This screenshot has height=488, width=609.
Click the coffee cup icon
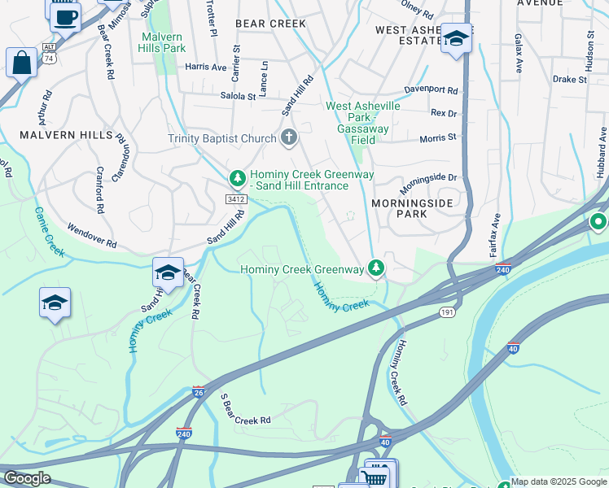[x=65, y=15]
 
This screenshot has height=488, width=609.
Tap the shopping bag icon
[x=21, y=62]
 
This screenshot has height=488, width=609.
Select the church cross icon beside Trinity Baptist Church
[x=289, y=138]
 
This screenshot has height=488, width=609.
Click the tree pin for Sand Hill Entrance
[x=237, y=176]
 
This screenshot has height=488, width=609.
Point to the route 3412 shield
[x=236, y=199]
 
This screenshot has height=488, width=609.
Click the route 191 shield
[x=447, y=312]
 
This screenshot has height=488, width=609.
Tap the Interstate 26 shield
[x=199, y=393]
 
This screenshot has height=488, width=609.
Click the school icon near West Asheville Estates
[x=457, y=38]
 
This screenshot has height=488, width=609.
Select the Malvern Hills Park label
[x=164, y=42]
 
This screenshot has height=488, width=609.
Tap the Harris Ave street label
[x=205, y=68]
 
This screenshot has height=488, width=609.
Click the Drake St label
[x=569, y=80]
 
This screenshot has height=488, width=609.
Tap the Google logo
[x=27, y=478]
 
